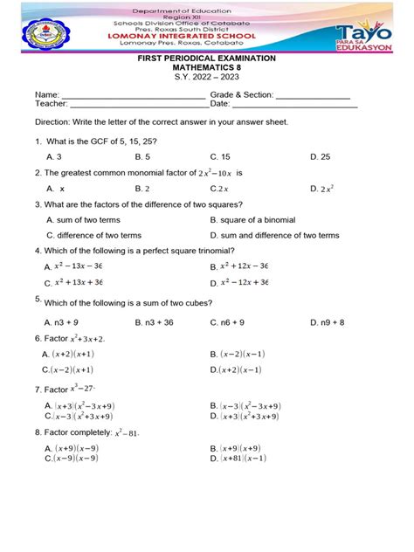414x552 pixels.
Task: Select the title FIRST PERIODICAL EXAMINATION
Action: click(207, 58)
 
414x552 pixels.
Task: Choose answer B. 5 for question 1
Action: click(145, 156)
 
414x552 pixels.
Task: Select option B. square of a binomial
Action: click(253, 220)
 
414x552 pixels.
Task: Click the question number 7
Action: click(38, 390)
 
